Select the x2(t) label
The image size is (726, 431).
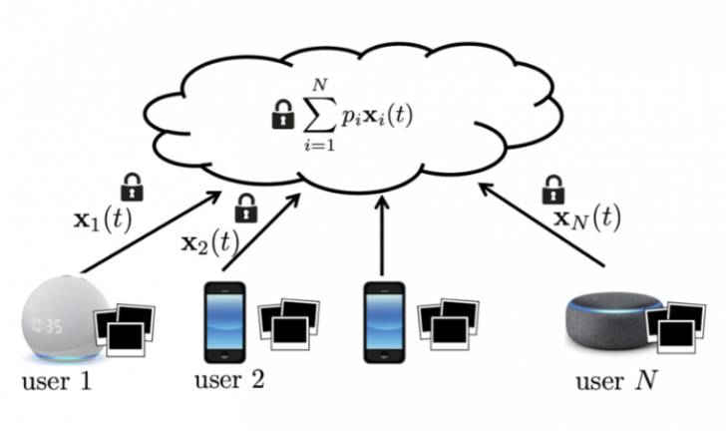(209, 242)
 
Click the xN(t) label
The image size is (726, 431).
(587, 218)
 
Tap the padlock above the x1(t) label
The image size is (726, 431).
(132, 186)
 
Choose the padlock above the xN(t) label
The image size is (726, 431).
(552, 188)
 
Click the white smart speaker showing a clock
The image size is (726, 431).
(58, 319)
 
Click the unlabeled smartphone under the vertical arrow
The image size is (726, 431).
(382, 323)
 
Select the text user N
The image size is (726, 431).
(615, 382)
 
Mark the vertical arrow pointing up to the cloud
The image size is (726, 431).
(382, 235)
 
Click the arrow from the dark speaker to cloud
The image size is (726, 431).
(543, 225)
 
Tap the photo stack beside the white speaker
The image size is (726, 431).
(126, 330)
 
